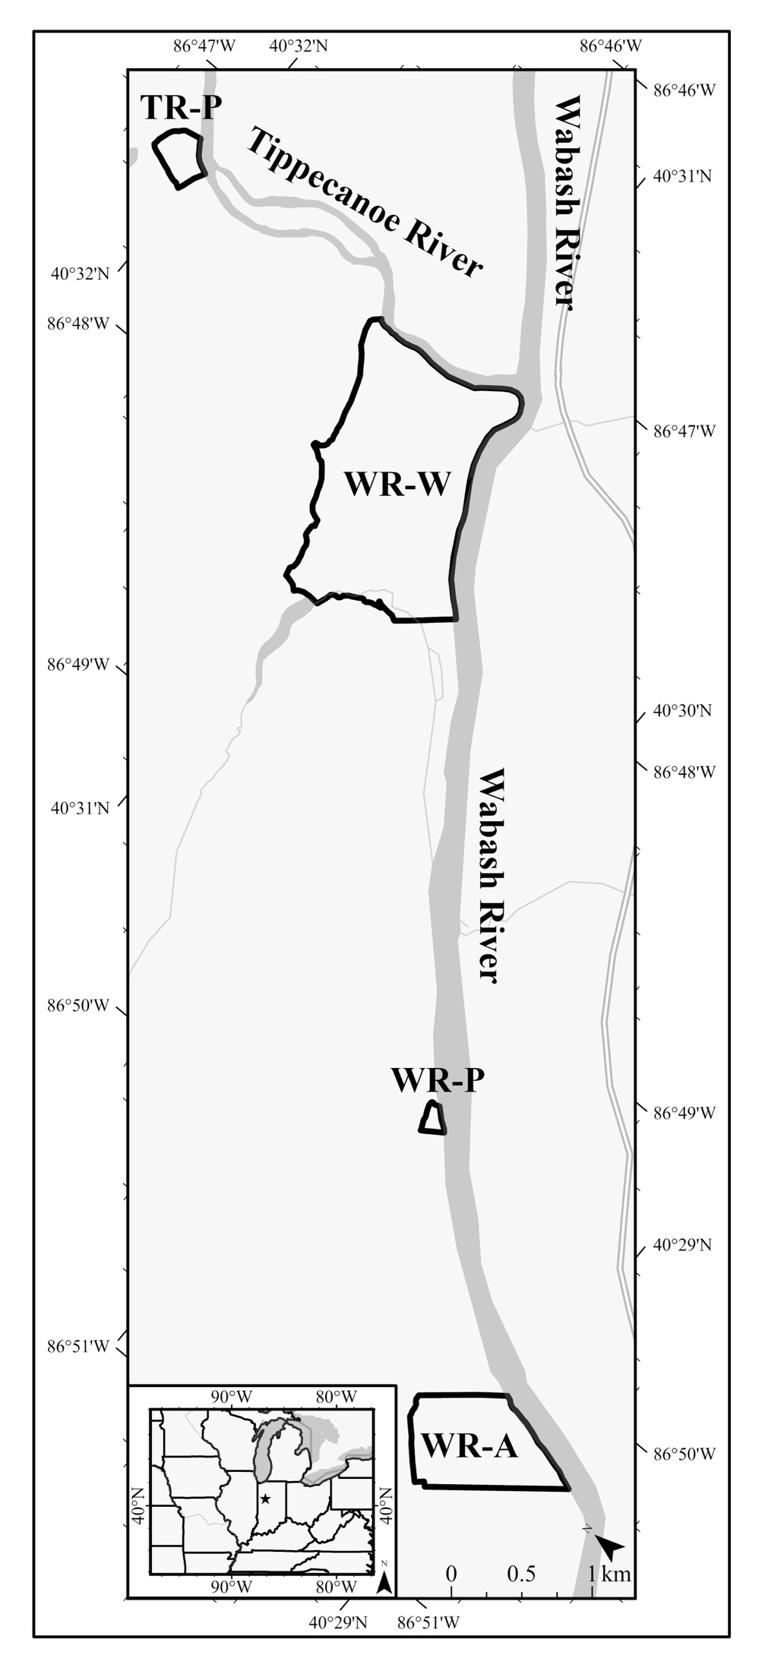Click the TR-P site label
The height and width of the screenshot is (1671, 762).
181,109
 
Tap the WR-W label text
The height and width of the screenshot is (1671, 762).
397,484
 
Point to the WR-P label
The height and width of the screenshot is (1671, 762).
438,1080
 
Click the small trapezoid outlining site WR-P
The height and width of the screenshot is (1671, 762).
432,1119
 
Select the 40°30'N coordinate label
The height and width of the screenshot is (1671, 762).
682,712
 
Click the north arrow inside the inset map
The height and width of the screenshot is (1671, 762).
384,1581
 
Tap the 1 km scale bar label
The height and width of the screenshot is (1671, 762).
609,1574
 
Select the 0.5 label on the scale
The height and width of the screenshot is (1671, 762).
521,1574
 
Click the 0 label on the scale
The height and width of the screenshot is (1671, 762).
451,1574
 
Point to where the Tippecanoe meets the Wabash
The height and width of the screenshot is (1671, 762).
523,384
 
